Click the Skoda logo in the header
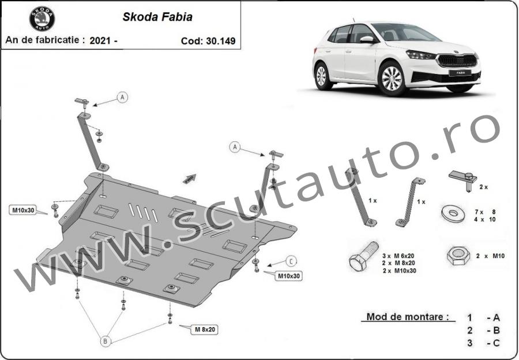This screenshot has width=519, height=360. (42, 19)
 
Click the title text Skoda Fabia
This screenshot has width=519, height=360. (157, 17)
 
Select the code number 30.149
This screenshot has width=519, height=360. (221, 41)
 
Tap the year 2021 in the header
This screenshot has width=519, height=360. (100, 41)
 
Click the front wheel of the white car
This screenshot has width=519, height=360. (392, 78)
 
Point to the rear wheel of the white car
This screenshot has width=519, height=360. (322, 76)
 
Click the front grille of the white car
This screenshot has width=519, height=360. (457, 61)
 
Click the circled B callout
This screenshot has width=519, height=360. (105, 341)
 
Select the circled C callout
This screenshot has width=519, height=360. (291, 261)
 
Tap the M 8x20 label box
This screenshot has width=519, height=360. (205, 329)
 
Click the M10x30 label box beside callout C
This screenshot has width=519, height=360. (288, 276)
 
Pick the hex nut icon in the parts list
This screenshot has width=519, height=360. (458, 256)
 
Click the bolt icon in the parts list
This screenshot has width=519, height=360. (363, 256)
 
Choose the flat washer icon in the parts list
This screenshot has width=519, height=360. (453, 213)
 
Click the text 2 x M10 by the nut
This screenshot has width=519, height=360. (490, 256)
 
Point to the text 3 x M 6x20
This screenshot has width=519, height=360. (398, 256)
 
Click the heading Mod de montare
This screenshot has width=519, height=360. (408, 317)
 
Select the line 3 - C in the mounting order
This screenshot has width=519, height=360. (483, 343)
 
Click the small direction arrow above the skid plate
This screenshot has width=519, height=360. (190, 178)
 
